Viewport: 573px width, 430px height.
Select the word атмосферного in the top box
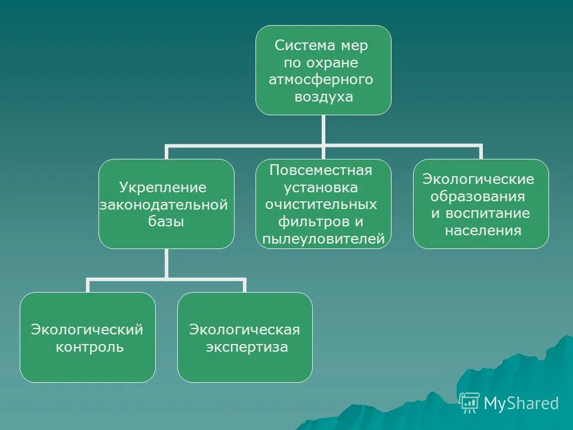321,79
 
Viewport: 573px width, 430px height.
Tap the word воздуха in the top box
324,97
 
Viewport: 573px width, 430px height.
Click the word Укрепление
163,188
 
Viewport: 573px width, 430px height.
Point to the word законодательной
164,205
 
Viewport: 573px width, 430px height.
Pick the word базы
166,221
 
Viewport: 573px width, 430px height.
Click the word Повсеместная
321,170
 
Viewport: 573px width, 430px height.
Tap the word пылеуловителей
324,239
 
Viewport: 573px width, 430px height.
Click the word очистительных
321,204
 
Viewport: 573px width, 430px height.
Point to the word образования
478,196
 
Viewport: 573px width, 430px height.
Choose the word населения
483,231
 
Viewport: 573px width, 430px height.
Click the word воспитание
488,214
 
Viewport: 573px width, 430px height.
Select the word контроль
90,347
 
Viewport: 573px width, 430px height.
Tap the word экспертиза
247,347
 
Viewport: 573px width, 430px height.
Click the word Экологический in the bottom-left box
87,330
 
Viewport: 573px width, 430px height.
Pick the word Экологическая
245,330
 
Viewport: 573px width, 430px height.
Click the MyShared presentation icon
469,403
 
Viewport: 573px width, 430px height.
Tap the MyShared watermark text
521,403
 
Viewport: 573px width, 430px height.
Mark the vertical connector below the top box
324,130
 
